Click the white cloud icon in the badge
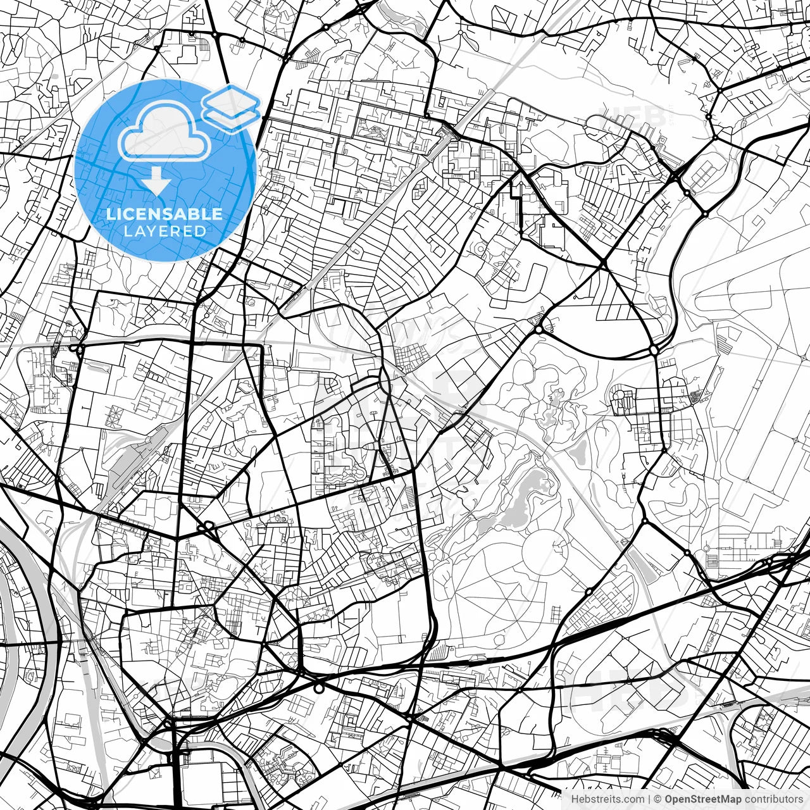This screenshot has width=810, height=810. [x=165, y=132]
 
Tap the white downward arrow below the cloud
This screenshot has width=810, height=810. [x=156, y=182]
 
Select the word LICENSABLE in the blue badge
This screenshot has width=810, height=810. [x=165, y=214]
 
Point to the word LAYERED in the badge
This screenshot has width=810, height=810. [x=165, y=231]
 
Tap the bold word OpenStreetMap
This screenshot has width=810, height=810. [x=703, y=799]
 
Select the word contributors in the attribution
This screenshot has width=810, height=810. [x=773, y=799]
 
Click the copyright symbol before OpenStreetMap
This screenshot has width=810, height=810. [x=657, y=799]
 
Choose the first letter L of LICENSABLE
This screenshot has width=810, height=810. [x=110, y=214]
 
